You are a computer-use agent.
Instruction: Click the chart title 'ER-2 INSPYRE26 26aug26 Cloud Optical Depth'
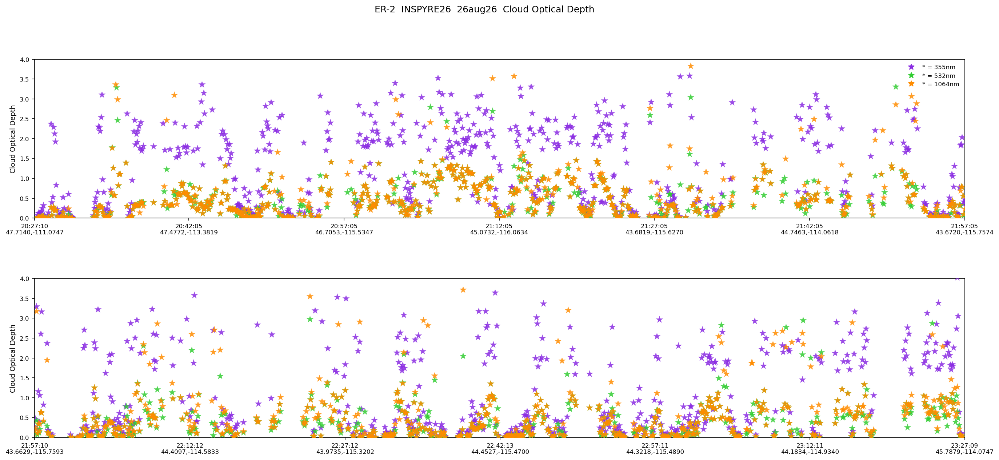tap(484, 9)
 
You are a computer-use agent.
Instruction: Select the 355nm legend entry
tap(933, 67)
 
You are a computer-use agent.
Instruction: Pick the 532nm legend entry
tap(933, 76)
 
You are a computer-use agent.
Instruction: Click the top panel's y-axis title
tap(13, 139)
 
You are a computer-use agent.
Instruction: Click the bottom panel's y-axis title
tap(13, 358)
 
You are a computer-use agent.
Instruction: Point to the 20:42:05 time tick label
tap(189, 226)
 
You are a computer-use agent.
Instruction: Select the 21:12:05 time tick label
tap(499, 226)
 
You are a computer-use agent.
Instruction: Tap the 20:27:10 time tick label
tap(35, 226)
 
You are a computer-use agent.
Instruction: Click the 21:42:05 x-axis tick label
tap(810, 226)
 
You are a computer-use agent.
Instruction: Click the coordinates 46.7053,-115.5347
tap(344, 233)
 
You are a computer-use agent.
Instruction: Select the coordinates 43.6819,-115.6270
tap(654, 233)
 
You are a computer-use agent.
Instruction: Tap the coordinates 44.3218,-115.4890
tap(655, 452)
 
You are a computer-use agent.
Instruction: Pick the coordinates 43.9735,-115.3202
tap(345, 452)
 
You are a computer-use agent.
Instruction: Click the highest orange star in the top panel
tap(691, 66)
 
